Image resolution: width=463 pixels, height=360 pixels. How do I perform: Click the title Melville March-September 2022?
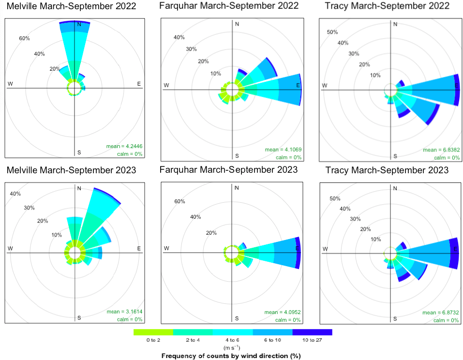[x=72, y=6]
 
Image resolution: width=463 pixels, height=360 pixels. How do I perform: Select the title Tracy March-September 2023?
[x=387, y=170]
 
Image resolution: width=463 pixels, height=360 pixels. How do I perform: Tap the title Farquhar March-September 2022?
[x=229, y=6]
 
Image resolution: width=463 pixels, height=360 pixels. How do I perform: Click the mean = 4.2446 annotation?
[x=124, y=146]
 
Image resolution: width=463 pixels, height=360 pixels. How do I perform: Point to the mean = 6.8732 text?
[x=441, y=313]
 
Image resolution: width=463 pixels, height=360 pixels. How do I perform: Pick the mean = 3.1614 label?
[x=124, y=312]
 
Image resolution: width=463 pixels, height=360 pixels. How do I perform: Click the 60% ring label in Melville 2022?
[x=25, y=38]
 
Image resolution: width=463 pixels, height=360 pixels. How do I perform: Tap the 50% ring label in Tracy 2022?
[x=332, y=32]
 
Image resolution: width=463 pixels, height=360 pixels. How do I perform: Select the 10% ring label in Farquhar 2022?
[x=216, y=74]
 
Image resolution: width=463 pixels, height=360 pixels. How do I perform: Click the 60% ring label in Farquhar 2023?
[x=179, y=201]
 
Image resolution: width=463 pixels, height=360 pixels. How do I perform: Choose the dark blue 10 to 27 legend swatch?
[x=313, y=332]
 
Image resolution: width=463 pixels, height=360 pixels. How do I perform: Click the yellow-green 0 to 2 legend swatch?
[x=153, y=332]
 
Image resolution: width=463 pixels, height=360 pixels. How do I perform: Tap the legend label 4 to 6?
[x=232, y=340]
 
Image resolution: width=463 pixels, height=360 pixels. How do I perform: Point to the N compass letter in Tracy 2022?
[x=395, y=24]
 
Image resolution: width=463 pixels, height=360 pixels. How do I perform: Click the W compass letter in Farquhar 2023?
[x=166, y=248]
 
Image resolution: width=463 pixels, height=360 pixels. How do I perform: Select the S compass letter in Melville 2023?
[x=79, y=318]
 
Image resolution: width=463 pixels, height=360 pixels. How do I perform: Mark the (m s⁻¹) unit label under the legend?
[x=232, y=347]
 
